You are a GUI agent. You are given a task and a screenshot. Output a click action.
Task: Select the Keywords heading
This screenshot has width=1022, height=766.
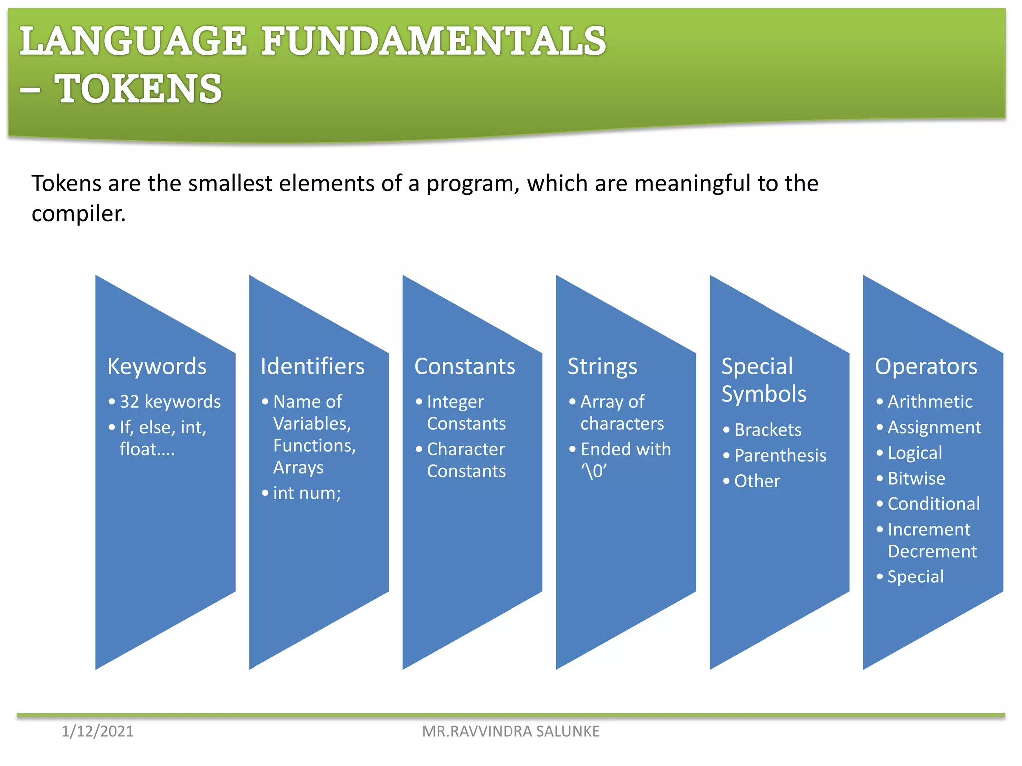pos(157,366)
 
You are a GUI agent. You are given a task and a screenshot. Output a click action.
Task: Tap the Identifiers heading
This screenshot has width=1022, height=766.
pos(312,366)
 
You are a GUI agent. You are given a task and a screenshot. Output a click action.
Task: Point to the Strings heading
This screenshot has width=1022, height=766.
pos(602,366)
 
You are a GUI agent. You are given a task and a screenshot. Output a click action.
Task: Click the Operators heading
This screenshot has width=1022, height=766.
pos(926,366)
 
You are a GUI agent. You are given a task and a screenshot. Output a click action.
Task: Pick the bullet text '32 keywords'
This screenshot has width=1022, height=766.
pos(170,402)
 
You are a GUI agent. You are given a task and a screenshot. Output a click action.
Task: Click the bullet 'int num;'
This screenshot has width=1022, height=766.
pos(307,493)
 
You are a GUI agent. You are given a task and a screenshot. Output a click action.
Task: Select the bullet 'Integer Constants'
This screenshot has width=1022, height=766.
pos(466,412)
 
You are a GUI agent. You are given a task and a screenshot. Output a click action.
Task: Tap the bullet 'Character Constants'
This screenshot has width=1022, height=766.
pos(466,460)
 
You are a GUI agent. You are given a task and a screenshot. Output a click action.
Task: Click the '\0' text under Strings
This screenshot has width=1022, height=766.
pos(594,471)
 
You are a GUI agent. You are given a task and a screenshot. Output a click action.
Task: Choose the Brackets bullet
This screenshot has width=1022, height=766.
pos(767,430)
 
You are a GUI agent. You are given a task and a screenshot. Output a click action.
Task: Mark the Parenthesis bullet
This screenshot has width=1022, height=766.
pos(780,455)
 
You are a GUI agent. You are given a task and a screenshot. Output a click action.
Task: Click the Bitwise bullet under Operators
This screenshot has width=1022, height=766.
pos(916,479)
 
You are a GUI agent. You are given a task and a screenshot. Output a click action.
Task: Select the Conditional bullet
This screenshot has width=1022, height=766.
pos(933,504)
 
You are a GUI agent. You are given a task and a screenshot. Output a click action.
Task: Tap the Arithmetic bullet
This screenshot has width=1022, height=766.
pos(930,402)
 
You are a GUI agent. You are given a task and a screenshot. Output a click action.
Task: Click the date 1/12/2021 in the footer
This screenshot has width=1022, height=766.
pos(97,731)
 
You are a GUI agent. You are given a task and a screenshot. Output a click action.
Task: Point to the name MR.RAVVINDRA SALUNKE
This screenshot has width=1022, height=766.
pos(511,731)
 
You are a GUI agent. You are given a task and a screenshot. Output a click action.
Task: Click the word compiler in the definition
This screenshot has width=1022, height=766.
pos(78,214)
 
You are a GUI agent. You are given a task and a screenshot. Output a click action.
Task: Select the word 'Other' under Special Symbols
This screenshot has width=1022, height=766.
pos(757,481)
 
